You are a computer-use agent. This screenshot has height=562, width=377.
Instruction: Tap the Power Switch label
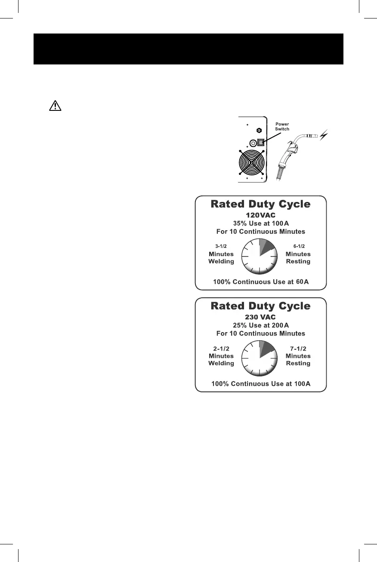pos(282,126)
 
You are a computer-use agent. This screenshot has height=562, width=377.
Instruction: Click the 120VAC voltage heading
pos(260,215)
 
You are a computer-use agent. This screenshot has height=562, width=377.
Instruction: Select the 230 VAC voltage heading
pos(260,317)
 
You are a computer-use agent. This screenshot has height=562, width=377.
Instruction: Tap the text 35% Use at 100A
pos(260,223)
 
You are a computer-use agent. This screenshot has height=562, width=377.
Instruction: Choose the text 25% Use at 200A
pos(260,325)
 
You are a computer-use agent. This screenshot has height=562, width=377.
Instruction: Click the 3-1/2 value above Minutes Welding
pos(221,246)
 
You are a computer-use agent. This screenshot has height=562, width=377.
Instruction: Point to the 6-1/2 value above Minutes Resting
pos(298,246)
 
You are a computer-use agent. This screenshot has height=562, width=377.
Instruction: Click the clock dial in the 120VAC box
pos(260,257)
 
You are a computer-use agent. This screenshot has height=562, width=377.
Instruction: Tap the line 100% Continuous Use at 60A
pos(261,282)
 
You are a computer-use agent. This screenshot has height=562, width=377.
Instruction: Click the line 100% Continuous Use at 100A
pos(261,383)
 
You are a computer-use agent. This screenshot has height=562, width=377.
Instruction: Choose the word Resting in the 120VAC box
pos(298,261)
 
